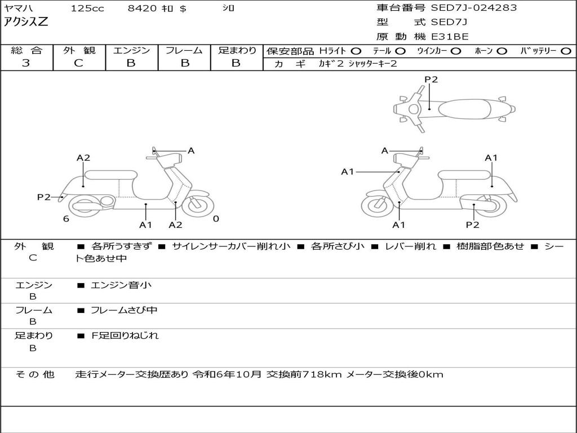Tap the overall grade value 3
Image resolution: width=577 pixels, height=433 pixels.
click(26, 63)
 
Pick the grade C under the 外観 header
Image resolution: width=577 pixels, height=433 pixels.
click(78, 63)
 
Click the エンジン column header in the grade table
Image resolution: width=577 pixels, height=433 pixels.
click(131, 51)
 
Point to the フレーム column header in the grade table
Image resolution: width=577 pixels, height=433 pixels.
click(184, 51)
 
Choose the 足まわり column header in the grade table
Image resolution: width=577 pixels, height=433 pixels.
click(237, 51)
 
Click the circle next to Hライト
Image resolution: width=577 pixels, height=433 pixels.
click(356, 51)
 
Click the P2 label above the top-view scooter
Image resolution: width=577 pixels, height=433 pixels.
click(431, 79)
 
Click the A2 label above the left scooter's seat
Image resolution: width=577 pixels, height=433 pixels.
click(83, 158)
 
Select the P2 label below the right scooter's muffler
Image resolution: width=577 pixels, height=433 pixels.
click(472, 225)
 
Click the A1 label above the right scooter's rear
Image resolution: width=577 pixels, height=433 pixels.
click(491, 158)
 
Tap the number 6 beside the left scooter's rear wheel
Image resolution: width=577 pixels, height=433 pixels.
click(66, 219)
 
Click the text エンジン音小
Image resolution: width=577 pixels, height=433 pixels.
click(121, 285)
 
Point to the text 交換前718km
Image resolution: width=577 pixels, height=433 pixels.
click(304, 374)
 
